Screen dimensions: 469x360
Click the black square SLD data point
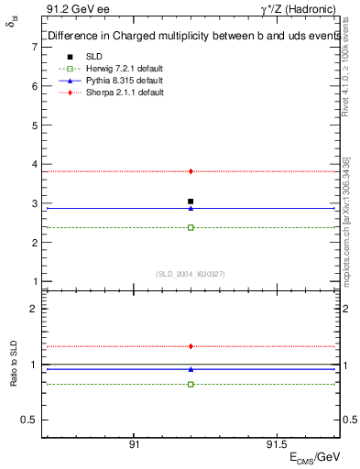point(191,201)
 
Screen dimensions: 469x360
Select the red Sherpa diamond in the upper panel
point(191,171)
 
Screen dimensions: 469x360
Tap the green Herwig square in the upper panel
point(191,227)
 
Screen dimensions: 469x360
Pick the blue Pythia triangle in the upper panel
point(191,208)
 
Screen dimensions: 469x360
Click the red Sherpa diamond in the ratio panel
point(191,346)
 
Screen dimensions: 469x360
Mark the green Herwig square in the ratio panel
point(191,384)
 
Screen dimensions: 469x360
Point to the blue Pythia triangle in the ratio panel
point(191,369)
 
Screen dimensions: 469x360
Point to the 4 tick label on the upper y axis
point(33,165)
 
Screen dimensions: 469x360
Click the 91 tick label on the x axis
point(134,445)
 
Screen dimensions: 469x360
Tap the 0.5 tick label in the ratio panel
point(29,420)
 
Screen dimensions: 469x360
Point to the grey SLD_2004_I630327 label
point(191,273)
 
